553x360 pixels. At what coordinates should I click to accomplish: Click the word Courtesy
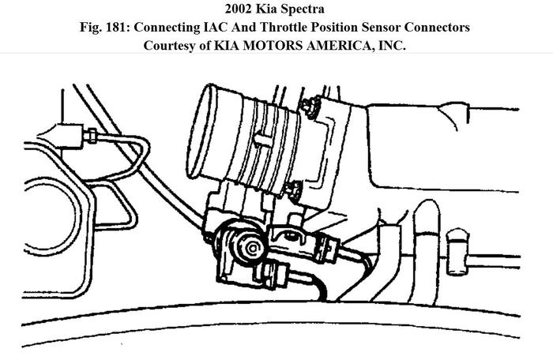coord(171,45)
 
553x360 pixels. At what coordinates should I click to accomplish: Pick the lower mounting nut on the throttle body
coord(295,189)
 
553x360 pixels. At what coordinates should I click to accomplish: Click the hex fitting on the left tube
coord(92,136)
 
